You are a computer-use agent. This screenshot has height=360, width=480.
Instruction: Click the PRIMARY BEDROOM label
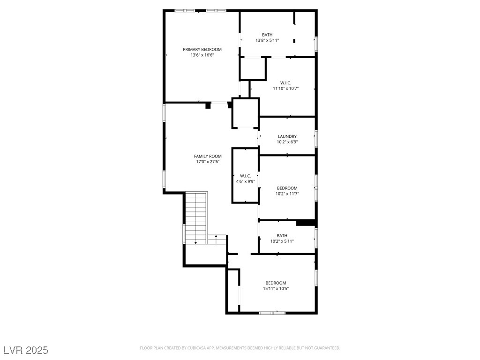click(x=202, y=49)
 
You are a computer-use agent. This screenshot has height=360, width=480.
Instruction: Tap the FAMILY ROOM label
click(x=208, y=156)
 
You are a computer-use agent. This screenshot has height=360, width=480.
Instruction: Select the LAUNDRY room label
click(x=287, y=136)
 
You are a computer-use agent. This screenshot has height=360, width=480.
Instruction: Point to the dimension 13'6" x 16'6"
click(x=202, y=55)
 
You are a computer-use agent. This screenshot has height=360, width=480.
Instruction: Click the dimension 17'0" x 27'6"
click(x=208, y=162)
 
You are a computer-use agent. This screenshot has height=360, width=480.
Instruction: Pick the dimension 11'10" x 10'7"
click(x=285, y=89)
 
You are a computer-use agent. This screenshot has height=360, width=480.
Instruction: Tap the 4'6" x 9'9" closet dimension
click(x=245, y=181)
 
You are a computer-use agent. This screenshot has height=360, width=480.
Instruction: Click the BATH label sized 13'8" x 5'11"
click(x=267, y=35)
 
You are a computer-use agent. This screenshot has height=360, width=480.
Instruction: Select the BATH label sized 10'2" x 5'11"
click(x=282, y=235)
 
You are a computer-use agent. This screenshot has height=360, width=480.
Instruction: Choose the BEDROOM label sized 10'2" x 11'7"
click(x=287, y=188)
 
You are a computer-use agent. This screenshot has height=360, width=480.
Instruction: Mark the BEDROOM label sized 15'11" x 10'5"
click(x=276, y=283)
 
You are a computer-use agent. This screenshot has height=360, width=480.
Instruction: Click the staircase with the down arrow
click(x=196, y=218)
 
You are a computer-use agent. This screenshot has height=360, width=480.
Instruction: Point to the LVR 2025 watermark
click(x=26, y=350)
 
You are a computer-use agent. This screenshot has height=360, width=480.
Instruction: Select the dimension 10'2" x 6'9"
click(x=287, y=142)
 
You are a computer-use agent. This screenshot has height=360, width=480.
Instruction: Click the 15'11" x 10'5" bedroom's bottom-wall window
click(x=272, y=313)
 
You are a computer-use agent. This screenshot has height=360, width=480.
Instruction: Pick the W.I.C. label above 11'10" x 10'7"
click(x=285, y=83)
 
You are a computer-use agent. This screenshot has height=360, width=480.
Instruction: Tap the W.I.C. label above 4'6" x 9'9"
click(x=245, y=176)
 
